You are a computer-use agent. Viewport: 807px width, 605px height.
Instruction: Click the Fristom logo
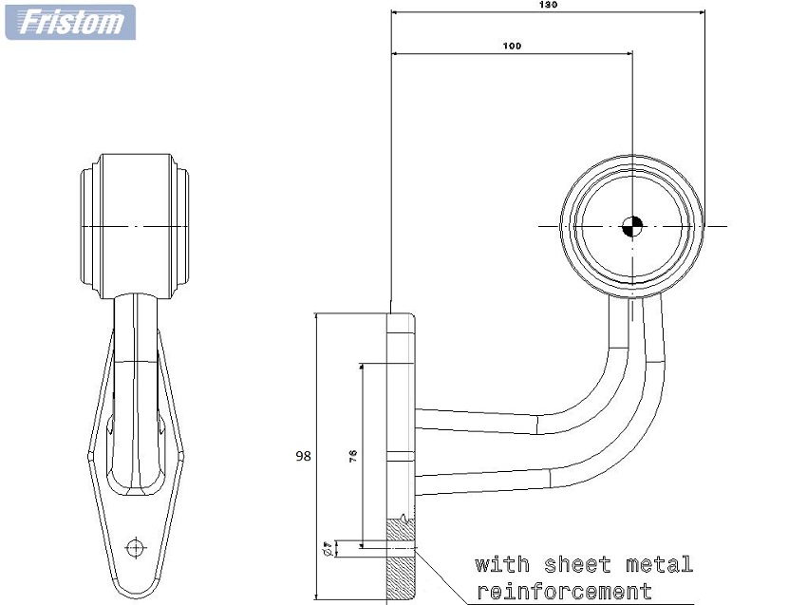point(70,21)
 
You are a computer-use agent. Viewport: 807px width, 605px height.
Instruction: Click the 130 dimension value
point(549,5)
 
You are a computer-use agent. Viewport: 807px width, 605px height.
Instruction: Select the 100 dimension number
point(513,46)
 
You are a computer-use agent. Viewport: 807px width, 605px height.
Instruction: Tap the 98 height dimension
point(303,456)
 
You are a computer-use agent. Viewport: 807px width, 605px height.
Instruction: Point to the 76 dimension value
point(353,456)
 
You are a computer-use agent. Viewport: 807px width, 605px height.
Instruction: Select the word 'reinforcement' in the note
point(564,592)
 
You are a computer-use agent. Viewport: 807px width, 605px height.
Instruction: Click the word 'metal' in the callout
point(659,565)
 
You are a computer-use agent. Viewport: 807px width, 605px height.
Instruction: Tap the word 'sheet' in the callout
point(577,565)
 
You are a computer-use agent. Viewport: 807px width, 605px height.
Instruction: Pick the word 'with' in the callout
point(502,565)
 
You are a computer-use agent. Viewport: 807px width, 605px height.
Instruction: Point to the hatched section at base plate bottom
point(401,560)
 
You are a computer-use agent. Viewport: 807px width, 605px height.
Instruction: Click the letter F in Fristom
point(31,21)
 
